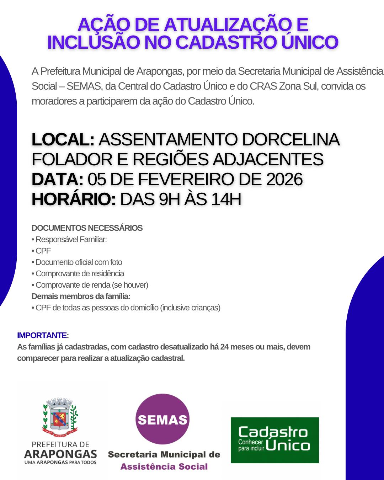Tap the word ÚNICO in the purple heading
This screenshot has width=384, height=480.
point(309,42)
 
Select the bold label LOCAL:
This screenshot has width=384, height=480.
point(63,139)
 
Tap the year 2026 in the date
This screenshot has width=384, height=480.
point(284,179)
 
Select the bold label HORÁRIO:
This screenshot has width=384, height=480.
point(74,199)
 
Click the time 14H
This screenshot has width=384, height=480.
point(226,199)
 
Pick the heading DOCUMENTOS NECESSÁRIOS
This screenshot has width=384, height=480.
point(87,228)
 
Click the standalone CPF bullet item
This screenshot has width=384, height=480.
point(43,251)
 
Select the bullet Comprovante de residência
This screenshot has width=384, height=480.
point(80,273)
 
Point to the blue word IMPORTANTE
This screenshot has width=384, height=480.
point(42,335)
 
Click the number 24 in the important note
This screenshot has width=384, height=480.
point(224,347)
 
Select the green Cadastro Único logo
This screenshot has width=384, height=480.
point(274,440)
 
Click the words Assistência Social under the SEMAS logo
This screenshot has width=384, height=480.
point(164,466)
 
